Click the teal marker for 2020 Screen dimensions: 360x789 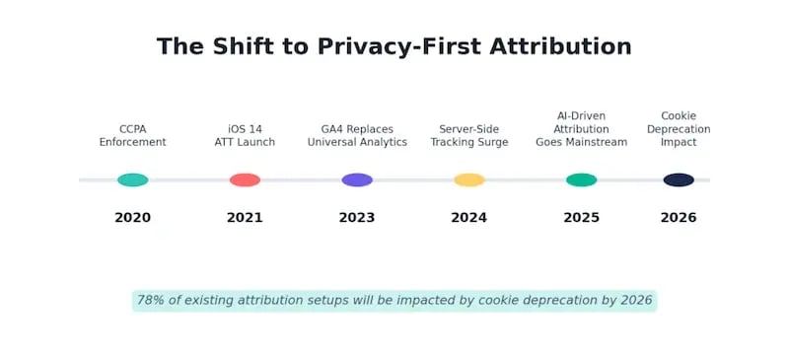pos(132,180)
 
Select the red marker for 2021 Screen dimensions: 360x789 pos(245,180)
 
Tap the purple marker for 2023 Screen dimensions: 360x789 pos(357,180)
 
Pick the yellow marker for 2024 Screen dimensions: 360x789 pos(469,180)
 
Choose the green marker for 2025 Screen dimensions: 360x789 pos(581,180)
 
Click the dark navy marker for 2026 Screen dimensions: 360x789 pos(679,180)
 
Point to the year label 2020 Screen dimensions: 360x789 pos(132,218)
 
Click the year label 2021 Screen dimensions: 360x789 pos(245,218)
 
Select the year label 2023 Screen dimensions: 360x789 pos(357,218)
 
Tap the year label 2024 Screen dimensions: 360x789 pos(469,218)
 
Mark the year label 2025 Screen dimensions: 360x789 pos(581,218)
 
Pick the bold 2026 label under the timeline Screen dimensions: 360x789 pos(679,218)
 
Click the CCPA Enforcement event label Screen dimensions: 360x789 pos(132,136)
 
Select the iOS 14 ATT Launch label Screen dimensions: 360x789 pos(245,136)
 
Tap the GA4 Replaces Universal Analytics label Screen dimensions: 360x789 pos(357,136)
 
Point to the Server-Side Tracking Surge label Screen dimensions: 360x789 pos(469,136)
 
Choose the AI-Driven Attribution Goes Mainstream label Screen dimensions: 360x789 pos(581,129)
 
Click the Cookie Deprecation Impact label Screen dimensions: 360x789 pos(679,129)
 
